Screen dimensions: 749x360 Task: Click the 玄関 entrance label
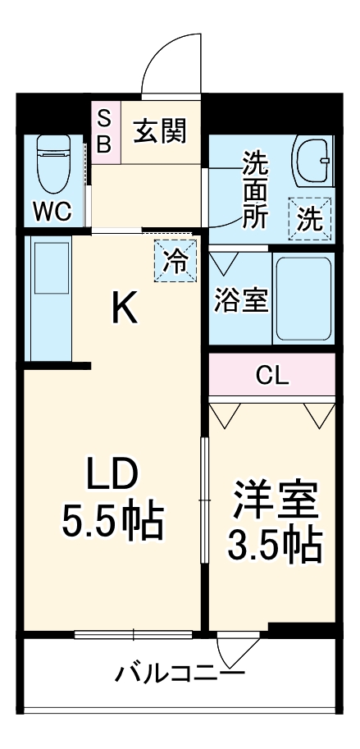pyautogui.click(x=160, y=130)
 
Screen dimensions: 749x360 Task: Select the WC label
pyautogui.click(x=52, y=211)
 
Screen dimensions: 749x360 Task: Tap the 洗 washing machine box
pyautogui.click(x=309, y=219)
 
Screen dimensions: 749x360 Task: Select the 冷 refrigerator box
pyautogui.click(x=175, y=261)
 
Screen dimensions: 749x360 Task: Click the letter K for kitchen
pyautogui.click(x=125, y=308)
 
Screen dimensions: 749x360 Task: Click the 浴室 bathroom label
pyautogui.click(x=240, y=300)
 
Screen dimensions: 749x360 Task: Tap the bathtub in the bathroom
pyautogui.click(x=303, y=299)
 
